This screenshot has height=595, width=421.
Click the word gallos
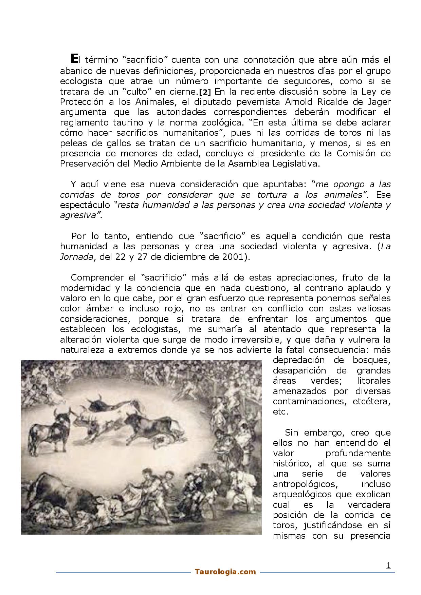pyautogui.click(x=102, y=143)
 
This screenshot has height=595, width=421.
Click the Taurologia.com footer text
pyautogui.click(x=225, y=572)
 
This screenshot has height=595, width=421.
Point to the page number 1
pyautogui.click(x=389, y=565)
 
